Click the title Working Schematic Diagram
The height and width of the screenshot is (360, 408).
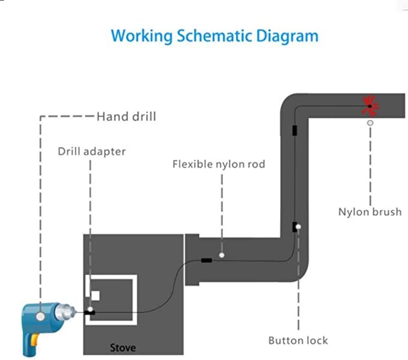pyautogui.click(x=215, y=35)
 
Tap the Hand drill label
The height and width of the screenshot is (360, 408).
pyautogui.click(x=126, y=116)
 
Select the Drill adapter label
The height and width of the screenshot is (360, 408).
pyautogui.click(x=92, y=151)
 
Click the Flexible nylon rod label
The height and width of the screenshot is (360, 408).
pyautogui.click(x=219, y=163)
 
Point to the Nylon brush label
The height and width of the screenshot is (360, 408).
pyautogui.click(x=369, y=212)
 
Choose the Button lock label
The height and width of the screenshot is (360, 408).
pyautogui.click(x=298, y=340)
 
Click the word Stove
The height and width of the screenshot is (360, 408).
pyautogui.click(x=123, y=347)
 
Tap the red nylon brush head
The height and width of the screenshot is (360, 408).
pyautogui.click(x=370, y=106)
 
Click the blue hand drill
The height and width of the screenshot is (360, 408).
pyautogui.click(x=45, y=319)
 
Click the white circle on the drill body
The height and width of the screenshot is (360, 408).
pyautogui.click(x=40, y=315)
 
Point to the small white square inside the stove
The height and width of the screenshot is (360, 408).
pyautogui.click(x=96, y=294)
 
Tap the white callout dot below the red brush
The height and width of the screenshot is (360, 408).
pyautogui.click(x=370, y=123)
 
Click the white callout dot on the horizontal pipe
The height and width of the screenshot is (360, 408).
pyautogui.click(x=222, y=255)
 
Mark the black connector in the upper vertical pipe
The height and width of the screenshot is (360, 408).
pyautogui.click(x=294, y=130)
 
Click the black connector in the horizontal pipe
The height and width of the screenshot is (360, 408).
pyautogui.click(x=206, y=260)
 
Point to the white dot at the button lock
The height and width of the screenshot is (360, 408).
pyautogui.click(x=299, y=227)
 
